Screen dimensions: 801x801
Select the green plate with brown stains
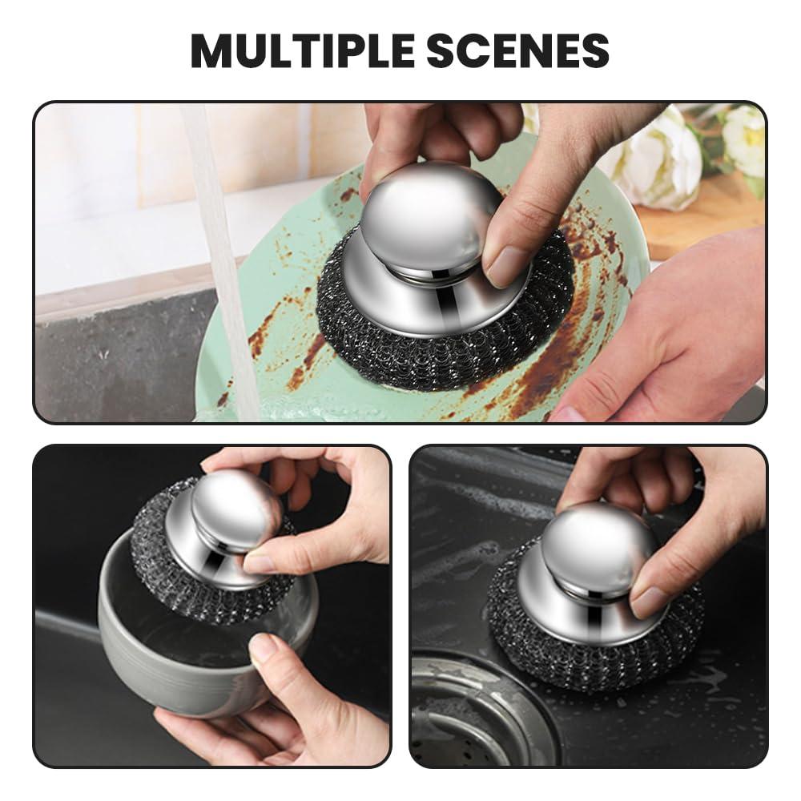tap(264, 352)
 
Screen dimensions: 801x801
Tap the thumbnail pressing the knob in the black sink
tap(650, 602)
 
